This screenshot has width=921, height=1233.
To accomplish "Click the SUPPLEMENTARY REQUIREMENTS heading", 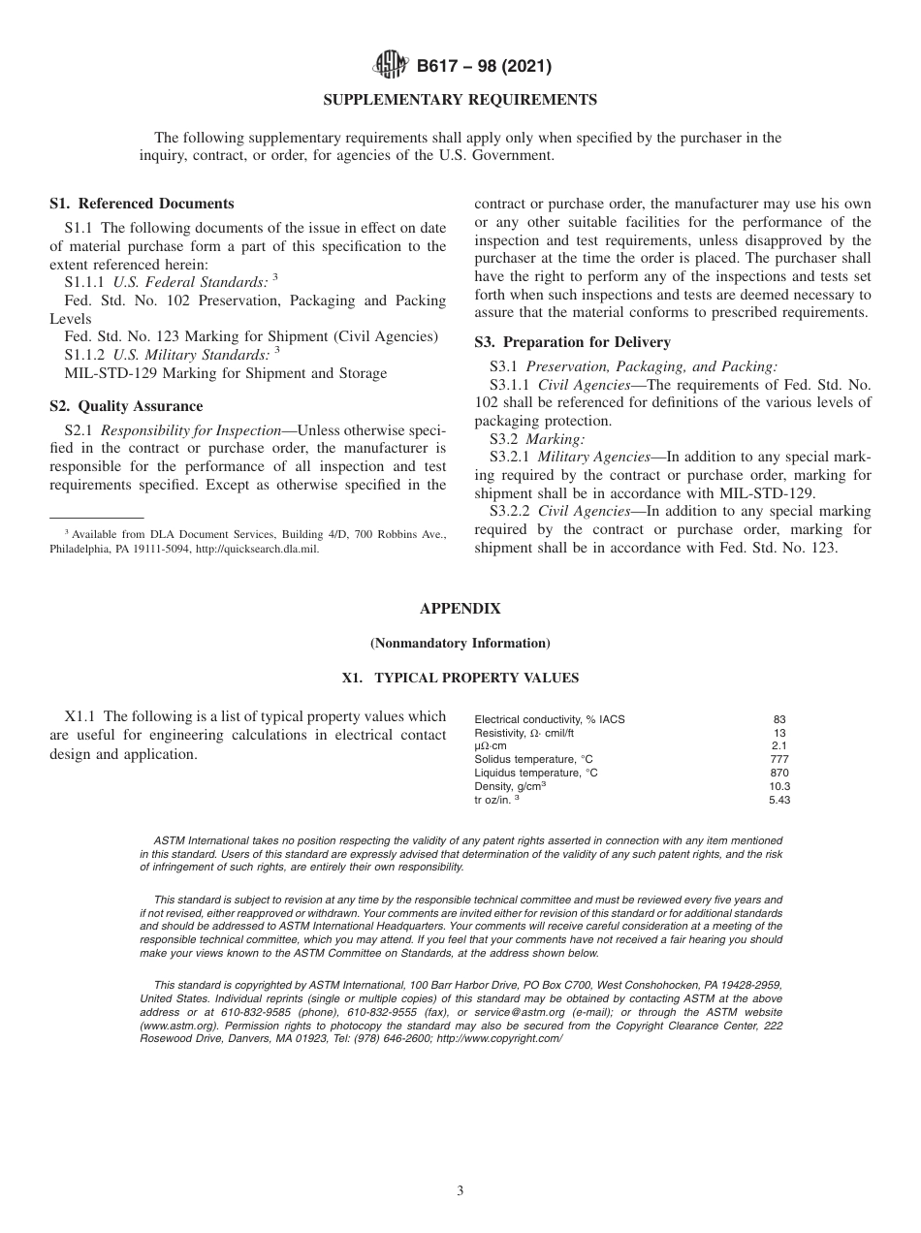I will [460, 100].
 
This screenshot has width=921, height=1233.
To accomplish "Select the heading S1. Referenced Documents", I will [142, 204].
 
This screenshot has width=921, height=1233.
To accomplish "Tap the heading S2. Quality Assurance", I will [126, 406].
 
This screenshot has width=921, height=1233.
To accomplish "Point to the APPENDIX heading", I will [460, 609].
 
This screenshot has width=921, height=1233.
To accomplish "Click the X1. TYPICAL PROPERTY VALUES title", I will [460, 679].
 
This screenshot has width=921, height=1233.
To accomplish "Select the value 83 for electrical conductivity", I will [779, 719].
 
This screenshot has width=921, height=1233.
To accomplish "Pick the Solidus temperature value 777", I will [779, 759].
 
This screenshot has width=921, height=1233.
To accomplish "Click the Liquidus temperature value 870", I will [779, 773].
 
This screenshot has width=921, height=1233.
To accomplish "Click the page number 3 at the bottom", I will [460, 1191].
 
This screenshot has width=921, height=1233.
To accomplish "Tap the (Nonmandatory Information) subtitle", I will [460, 644].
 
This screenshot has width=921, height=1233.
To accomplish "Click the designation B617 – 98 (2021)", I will [484, 67].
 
